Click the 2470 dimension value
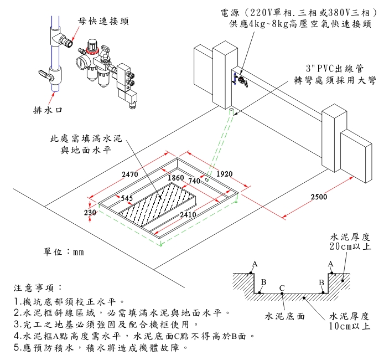tap(129, 174)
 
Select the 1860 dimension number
tap(175, 178)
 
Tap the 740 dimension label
tap(194, 181)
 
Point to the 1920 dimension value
tap(224, 174)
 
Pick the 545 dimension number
tap(127, 198)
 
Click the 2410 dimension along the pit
tap(188, 214)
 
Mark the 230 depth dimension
tap(90, 213)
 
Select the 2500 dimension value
tap(319, 197)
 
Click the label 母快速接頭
tap(103, 21)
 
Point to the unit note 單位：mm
tap(64, 252)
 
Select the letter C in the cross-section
tap(282, 288)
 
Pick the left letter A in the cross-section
tap(255, 264)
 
